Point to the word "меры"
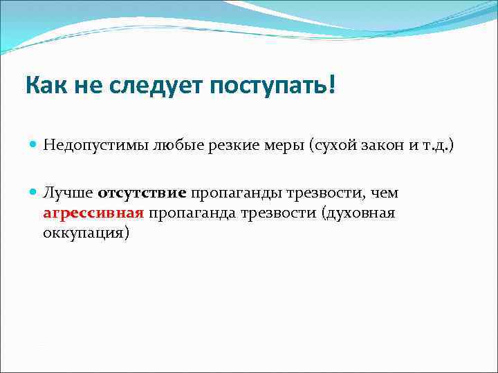[281, 145]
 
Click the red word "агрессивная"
[93, 213]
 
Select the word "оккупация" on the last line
[85, 233]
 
